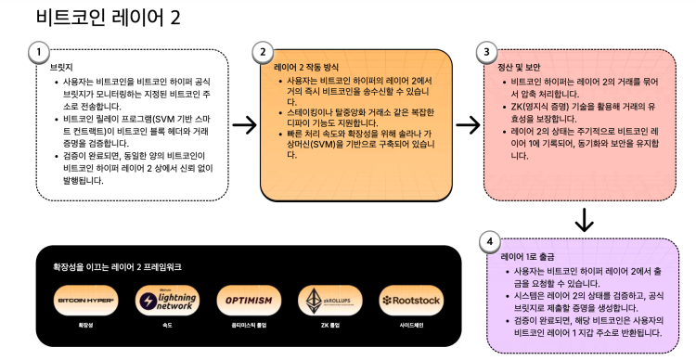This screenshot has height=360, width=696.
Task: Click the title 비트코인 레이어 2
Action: pyautogui.click(x=108, y=18)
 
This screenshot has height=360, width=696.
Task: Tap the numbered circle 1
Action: pyautogui.click(x=38, y=51)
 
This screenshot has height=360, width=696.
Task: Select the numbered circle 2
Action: pyautogui.click(x=263, y=51)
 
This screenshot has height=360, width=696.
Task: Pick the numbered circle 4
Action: pyautogui.click(x=489, y=241)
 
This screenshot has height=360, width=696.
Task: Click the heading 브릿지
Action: pyautogui.click(x=60, y=68)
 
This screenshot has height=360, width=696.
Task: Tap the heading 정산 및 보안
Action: pyautogui.click(x=521, y=68)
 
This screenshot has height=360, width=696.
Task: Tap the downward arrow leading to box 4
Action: pyautogui.click(x=584, y=220)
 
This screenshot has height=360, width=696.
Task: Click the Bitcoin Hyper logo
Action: pyautogui.click(x=86, y=301)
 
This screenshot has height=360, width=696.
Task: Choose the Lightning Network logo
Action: pyautogui.click(x=167, y=301)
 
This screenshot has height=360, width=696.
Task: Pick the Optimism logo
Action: pyautogui.click(x=248, y=301)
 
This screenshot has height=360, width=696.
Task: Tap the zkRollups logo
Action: pyautogui.click(x=329, y=301)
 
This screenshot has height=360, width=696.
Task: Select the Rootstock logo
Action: pyautogui.click(x=410, y=301)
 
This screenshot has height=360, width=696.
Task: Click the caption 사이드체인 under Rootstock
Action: pyautogui.click(x=410, y=327)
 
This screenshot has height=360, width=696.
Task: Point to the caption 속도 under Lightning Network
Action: pyautogui.click(x=167, y=327)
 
